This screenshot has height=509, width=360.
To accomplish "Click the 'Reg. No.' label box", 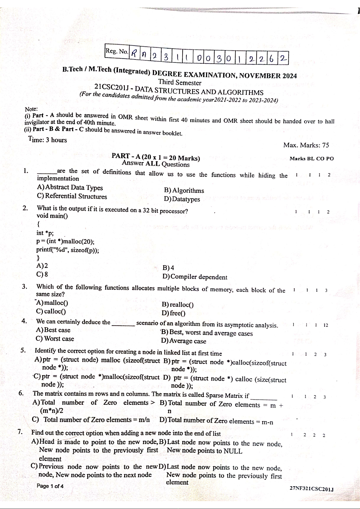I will [x=117, y=51].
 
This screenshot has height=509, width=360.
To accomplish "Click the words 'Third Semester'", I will [x=180, y=82].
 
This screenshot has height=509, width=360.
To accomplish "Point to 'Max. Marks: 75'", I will [x=306, y=145].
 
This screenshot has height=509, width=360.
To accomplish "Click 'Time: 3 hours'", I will [x=47, y=140].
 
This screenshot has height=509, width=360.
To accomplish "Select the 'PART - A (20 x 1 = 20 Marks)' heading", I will [x=156, y=157].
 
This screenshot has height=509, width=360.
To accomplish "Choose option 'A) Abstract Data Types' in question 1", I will [x=70, y=187].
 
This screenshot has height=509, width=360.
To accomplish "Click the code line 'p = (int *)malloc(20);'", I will [x=65, y=241].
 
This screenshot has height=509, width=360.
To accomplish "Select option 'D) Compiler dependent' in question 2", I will [x=195, y=277].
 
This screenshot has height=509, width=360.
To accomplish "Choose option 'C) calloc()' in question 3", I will [x=51, y=311].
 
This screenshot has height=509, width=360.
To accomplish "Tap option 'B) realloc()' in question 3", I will [x=178, y=304].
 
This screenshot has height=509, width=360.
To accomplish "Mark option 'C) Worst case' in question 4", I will [x=55, y=339].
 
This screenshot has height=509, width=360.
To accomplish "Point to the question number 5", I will [x=23, y=350].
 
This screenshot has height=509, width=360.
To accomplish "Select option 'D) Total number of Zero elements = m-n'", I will [x=216, y=421].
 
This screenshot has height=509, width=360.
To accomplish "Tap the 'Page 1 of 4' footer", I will [x=50, y=486].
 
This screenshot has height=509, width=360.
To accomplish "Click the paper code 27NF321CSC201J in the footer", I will [x=311, y=488].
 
